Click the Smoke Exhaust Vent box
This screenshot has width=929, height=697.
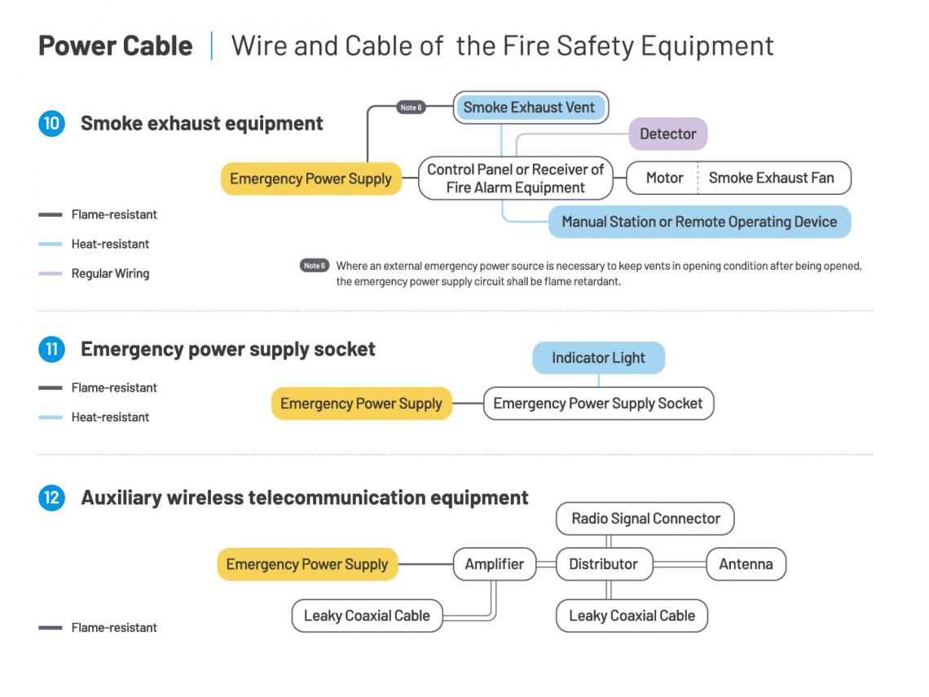coord(531,108)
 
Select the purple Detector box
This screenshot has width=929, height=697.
coord(667,134)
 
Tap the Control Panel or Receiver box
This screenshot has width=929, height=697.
coord(516,178)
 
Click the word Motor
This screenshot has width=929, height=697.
coord(664,178)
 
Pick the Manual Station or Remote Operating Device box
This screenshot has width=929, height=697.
coord(699,222)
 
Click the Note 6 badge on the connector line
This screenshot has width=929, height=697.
coord(412,108)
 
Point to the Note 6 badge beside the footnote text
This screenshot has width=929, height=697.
coord(315,266)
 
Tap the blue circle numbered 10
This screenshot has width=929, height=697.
coord(51,123)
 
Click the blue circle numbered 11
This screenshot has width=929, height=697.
coord(51,349)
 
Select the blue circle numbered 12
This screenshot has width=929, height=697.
coord(51,498)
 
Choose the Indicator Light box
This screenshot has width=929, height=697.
coord(598,358)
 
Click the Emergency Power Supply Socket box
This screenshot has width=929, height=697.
coord(598,404)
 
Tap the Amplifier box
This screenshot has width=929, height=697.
coord(495,564)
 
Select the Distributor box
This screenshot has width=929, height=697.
coord(604,564)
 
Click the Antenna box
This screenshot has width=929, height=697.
coord(746,564)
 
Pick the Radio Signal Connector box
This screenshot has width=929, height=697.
coord(645,518)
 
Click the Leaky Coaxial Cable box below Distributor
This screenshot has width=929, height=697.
coord(632,615)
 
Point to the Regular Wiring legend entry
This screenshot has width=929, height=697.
coord(95,274)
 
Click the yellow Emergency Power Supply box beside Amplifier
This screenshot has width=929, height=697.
coord(307,564)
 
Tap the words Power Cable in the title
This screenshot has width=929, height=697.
coord(116,46)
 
